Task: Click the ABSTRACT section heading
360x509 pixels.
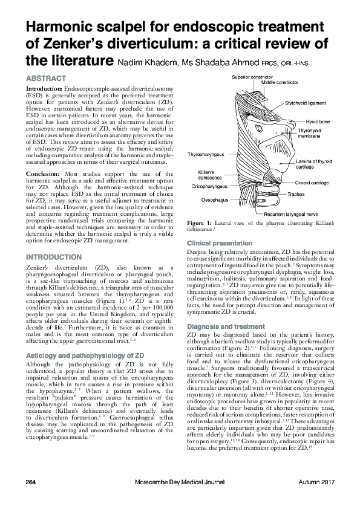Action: [x=45, y=79]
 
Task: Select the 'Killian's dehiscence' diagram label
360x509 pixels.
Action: [x=211, y=175]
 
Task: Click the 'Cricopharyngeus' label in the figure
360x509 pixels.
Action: [x=209, y=187]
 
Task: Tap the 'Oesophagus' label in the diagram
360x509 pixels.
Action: [x=215, y=199]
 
